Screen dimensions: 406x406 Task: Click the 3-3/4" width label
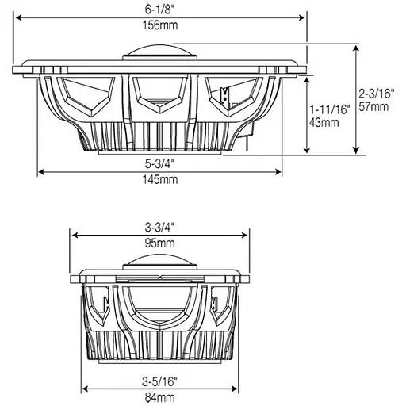(x=161, y=226)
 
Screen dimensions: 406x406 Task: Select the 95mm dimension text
(x=161, y=243)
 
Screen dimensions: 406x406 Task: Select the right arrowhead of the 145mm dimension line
(x=281, y=172)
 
